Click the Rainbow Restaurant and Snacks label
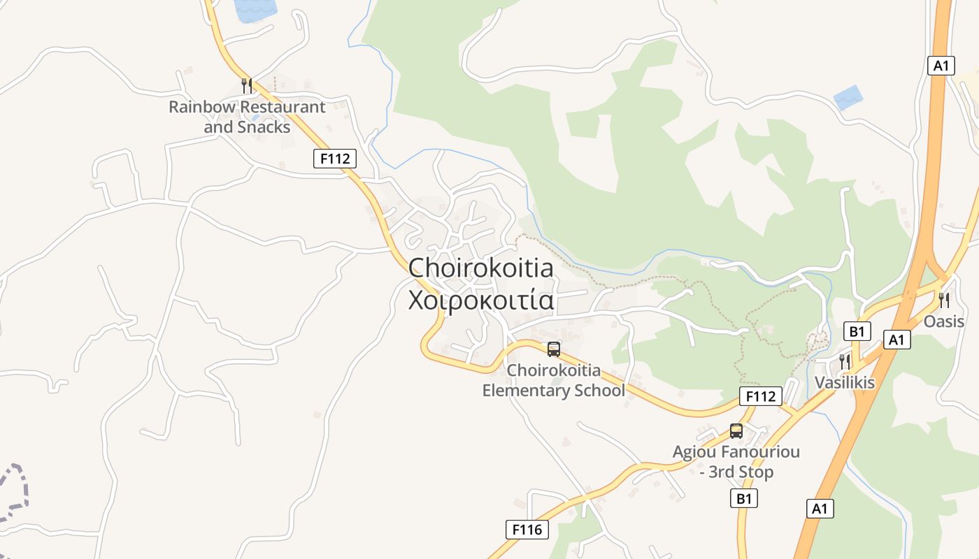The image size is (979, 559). pos(247,117)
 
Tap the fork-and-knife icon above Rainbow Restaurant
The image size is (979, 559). pos(246,86)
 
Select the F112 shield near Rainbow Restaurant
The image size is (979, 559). pos(334,159)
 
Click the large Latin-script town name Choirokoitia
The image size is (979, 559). pos(480,268)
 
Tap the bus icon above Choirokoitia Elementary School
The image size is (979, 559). pos(554,349)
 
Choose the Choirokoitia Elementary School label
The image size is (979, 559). pos(553,380)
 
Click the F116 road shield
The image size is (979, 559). pos(527,530)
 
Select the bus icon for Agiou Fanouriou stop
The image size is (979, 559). pos(736,431)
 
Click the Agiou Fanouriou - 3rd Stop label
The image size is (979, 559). pos(736,462)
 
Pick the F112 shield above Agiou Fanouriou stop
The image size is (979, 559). pos(760,397)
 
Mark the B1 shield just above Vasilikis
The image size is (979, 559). pos(857,331)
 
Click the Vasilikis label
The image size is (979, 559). pos(844,382)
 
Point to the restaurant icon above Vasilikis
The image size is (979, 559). pos(845,361)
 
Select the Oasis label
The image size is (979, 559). pos(944,321)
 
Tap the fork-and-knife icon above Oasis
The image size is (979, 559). pos(944,300)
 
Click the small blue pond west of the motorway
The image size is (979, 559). pos(848,97)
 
